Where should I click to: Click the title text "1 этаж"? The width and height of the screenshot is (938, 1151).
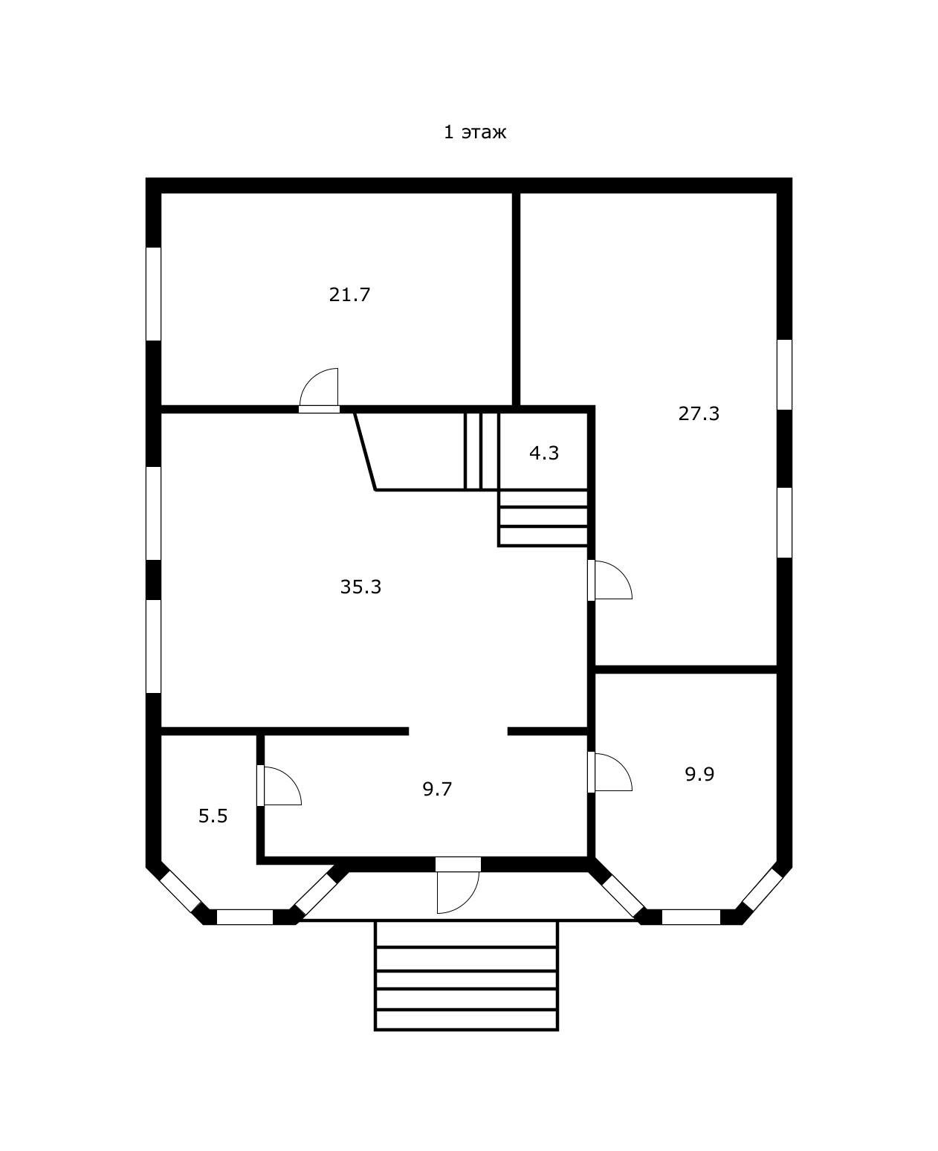[x=474, y=132]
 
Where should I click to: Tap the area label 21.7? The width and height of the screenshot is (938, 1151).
[x=349, y=294]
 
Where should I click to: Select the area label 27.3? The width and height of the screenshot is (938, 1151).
[x=699, y=413]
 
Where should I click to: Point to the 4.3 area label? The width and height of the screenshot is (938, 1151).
[x=544, y=453]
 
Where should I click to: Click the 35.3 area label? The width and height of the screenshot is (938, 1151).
[x=360, y=587]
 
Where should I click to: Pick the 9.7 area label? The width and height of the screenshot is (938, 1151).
[x=437, y=789]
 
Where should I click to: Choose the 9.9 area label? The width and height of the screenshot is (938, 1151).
[x=699, y=774]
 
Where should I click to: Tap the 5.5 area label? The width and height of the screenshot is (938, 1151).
[x=213, y=816]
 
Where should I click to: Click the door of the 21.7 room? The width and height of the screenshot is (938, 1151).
[x=319, y=391]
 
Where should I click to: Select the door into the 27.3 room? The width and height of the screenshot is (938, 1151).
[x=609, y=580]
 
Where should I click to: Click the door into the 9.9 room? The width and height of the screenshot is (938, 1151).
[x=609, y=772]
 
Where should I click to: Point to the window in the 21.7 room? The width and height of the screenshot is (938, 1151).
[x=153, y=294]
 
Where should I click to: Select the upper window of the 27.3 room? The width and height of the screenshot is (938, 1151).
[x=784, y=375]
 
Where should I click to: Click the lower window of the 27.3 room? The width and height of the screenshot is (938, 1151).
[x=784, y=522]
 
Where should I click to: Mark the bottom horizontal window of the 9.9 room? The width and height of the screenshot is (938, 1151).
[x=690, y=917]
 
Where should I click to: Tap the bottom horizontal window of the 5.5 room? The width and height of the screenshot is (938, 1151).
[x=245, y=917]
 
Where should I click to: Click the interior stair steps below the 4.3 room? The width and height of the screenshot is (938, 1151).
[x=543, y=518]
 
